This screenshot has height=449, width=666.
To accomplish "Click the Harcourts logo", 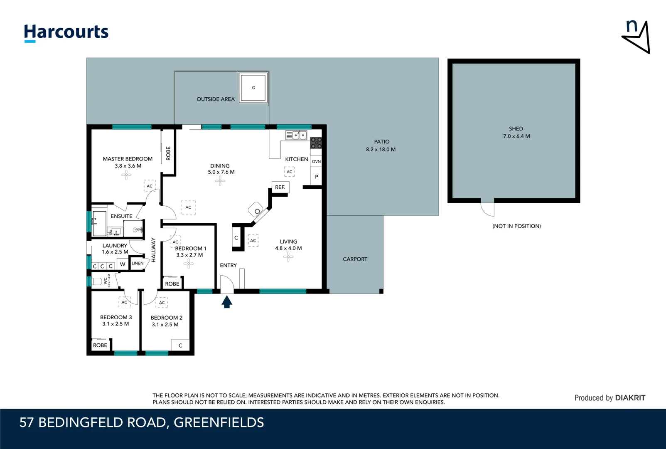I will (66, 32).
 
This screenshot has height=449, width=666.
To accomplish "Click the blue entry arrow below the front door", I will (226, 302).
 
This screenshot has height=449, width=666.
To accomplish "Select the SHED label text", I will (516, 129).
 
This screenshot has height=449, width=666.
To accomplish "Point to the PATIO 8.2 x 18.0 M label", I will (381, 146).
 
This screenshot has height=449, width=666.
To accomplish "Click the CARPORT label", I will (355, 259).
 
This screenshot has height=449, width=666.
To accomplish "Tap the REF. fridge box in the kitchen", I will (280, 187).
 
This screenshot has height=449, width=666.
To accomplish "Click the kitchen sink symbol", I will (296, 135).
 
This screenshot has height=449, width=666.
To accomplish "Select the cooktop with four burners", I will (316, 143).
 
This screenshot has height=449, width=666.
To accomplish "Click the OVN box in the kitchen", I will (316, 161).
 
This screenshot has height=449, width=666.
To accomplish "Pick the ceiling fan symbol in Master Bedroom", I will (126, 175).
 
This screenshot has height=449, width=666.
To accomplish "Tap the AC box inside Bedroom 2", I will (162, 303).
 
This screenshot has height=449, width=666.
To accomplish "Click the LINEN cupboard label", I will (138, 263).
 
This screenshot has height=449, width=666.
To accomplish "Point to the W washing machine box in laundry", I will (123, 264).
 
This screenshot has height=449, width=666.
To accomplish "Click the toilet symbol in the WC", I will (97, 281).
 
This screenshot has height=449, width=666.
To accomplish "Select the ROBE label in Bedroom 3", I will (100, 345).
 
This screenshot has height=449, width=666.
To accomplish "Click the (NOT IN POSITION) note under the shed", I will (516, 226).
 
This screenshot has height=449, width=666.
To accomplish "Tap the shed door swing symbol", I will (487, 209).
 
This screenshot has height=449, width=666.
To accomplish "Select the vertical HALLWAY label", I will (153, 249).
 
